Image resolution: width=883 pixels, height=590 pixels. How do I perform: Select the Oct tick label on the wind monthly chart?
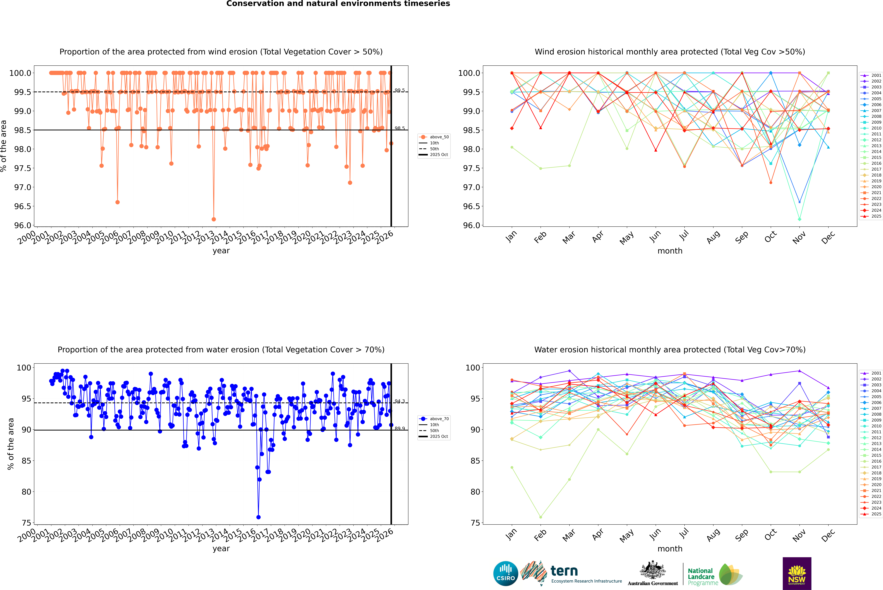pyautogui.click(x=770, y=237)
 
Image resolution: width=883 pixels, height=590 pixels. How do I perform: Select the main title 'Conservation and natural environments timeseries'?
pyautogui.click(x=338, y=4)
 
